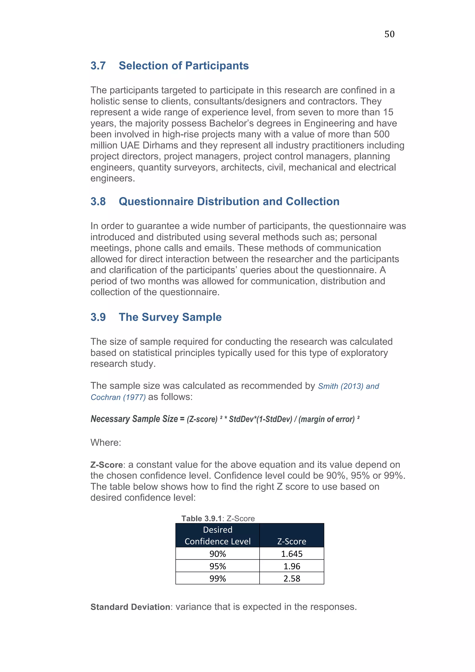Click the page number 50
pyautogui.click(x=389, y=34)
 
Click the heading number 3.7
pyautogui.click(x=98, y=66)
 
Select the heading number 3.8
pyautogui.click(x=98, y=202)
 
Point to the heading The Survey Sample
pyautogui.click(x=170, y=317)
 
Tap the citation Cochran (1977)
pyautogui.click(x=118, y=397)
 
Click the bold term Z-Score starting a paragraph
pyautogui.click(x=106, y=465)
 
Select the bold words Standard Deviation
pyautogui.click(x=130, y=607)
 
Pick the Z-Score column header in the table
pyautogui.click(x=292, y=541)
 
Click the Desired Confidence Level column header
pyautogui.click(x=218, y=536)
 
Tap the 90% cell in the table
pyautogui.click(x=218, y=554)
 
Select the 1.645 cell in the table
pyautogui.click(x=292, y=554)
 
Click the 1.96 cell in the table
pyautogui.click(x=292, y=566)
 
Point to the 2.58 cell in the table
pyautogui.click(x=292, y=579)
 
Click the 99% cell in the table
pyautogui.click(x=218, y=579)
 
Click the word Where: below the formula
pyautogui.click(x=106, y=442)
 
